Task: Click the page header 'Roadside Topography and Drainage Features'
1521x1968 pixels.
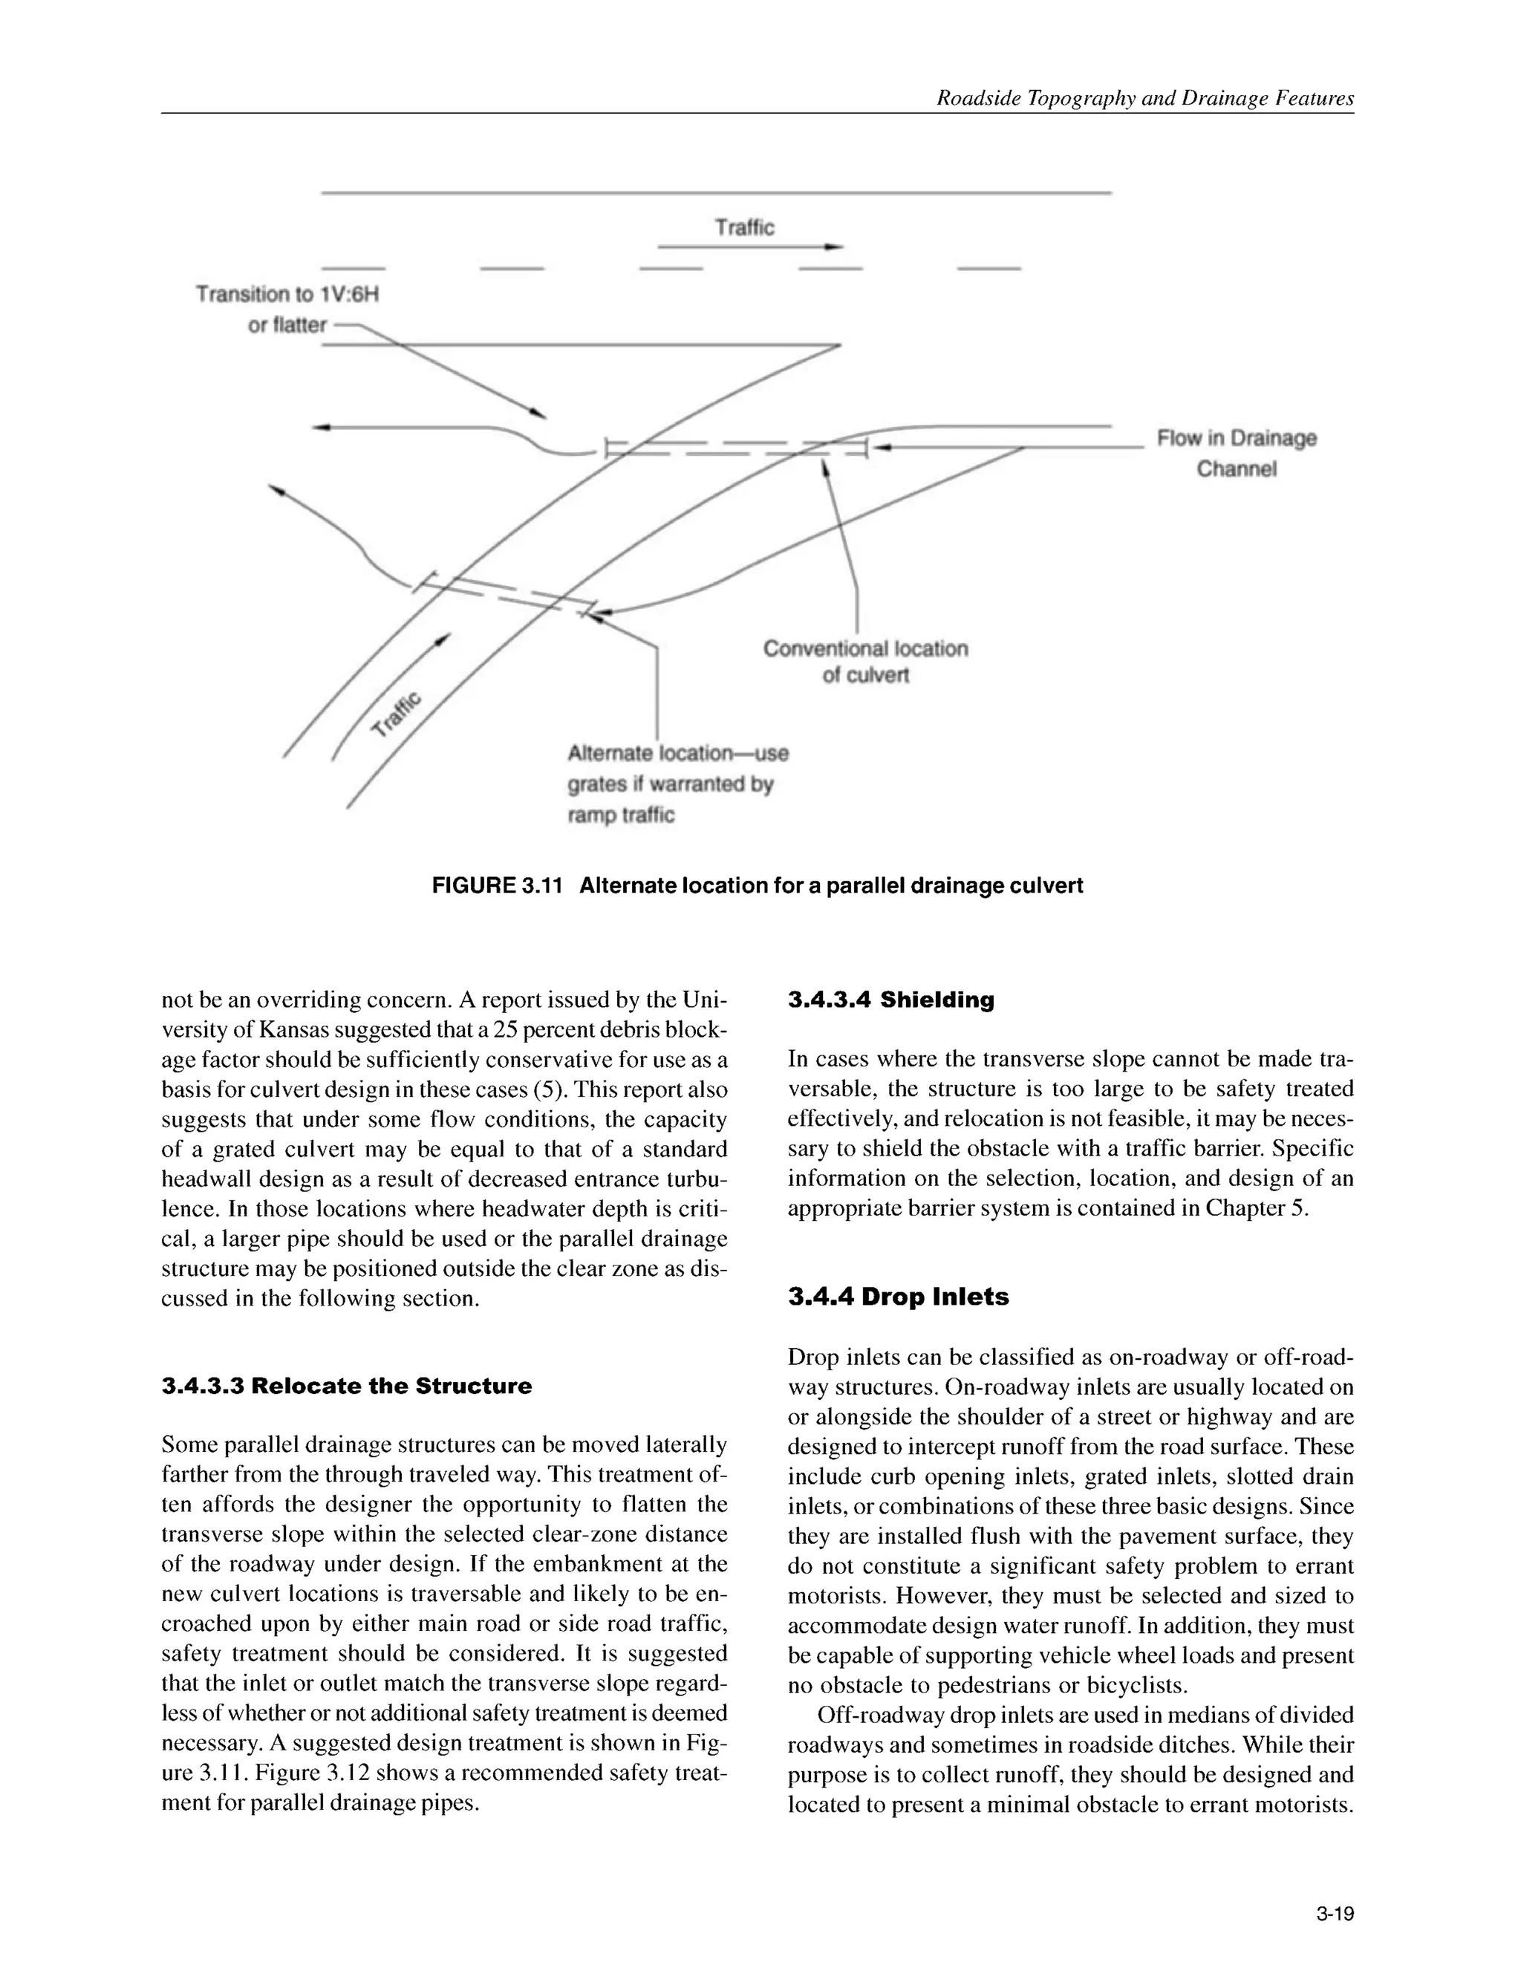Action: [1144, 98]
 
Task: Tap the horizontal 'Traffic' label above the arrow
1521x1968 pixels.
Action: [744, 227]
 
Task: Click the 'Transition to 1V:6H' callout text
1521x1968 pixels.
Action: [287, 295]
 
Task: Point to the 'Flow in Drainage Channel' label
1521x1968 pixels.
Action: [1237, 453]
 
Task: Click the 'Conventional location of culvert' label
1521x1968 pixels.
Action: [865, 662]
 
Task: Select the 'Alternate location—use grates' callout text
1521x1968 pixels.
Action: [677, 753]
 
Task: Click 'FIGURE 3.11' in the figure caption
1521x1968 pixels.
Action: [497, 886]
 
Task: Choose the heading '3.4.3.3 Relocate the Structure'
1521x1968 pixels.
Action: [347, 1386]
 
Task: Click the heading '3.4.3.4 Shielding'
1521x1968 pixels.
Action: [890, 1000]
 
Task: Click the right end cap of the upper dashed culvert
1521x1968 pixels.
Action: [866, 447]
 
